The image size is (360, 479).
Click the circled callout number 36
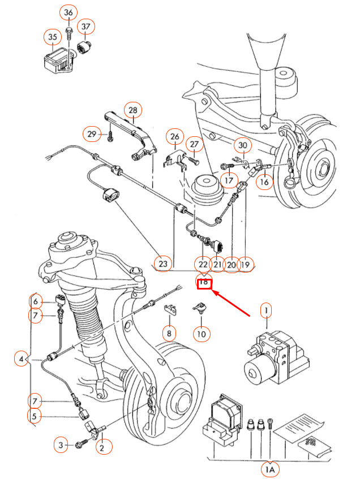(x=68, y=13)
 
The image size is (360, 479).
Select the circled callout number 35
(x=53, y=37)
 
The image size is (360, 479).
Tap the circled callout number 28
(x=133, y=110)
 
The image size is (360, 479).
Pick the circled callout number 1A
(x=269, y=469)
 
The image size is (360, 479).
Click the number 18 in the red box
(x=204, y=282)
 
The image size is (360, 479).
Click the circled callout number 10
(x=201, y=334)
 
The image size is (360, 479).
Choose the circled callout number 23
(x=163, y=264)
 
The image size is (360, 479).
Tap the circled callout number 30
(x=243, y=145)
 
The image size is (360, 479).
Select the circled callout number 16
(x=264, y=182)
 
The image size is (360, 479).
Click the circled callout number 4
(x=22, y=359)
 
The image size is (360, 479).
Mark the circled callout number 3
(x=61, y=446)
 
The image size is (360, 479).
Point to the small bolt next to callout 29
(x=111, y=134)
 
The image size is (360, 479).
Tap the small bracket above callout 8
(x=168, y=309)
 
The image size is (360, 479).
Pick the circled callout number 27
(x=194, y=145)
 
